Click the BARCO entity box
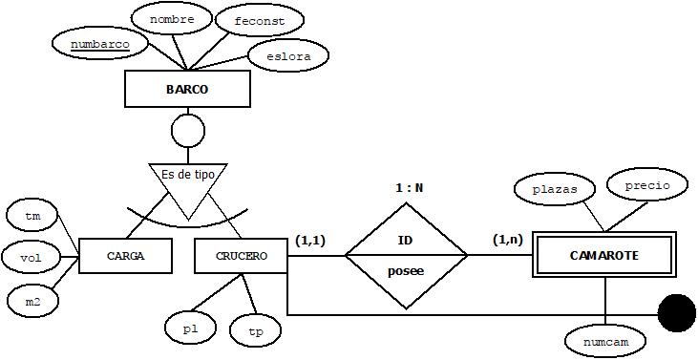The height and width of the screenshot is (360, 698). [187, 90]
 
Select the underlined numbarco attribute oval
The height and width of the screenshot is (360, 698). [93, 43]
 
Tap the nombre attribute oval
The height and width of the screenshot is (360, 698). [172, 19]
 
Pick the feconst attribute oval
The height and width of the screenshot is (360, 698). [259, 20]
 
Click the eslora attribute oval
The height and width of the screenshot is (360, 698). [287, 56]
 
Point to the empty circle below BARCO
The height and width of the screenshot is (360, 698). [187, 129]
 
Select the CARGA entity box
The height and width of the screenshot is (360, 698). [125, 256]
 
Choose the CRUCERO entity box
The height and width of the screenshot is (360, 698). [241, 256]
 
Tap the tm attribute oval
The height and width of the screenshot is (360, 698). [31, 216]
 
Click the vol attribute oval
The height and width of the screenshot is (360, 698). [31, 257]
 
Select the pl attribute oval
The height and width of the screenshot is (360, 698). [190, 328]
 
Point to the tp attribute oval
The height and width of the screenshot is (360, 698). [256, 331]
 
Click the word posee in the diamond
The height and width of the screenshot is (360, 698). [405, 271]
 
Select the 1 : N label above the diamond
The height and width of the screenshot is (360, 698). [409, 187]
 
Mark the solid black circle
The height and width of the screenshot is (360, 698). [677, 313]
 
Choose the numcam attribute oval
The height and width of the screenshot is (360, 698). [605, 340]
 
